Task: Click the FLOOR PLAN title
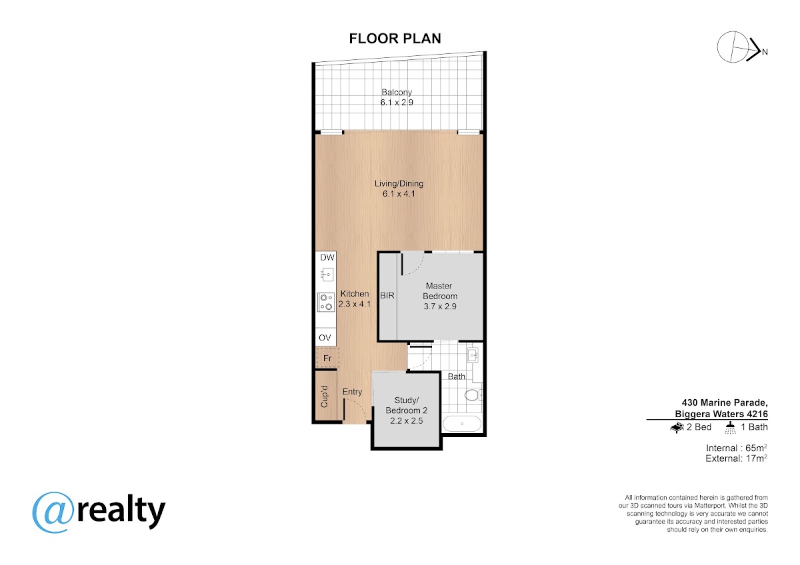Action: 395,39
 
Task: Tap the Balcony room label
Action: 397,92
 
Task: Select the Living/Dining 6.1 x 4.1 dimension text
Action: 399,194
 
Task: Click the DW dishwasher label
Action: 327,257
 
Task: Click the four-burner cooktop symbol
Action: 326,302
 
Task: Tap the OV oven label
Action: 325,338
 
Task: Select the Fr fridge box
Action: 327,358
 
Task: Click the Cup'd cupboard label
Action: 324,396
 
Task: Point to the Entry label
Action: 352,392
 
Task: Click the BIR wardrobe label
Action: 387,296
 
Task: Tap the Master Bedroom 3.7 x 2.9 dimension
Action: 440,306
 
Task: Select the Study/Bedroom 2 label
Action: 407,405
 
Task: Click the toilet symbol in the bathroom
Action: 473,395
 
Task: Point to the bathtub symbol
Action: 462,424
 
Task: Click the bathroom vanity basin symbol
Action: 473,355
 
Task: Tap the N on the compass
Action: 765,52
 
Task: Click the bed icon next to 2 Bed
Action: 677,427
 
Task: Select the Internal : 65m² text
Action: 737,448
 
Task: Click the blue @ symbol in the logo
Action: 53,512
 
